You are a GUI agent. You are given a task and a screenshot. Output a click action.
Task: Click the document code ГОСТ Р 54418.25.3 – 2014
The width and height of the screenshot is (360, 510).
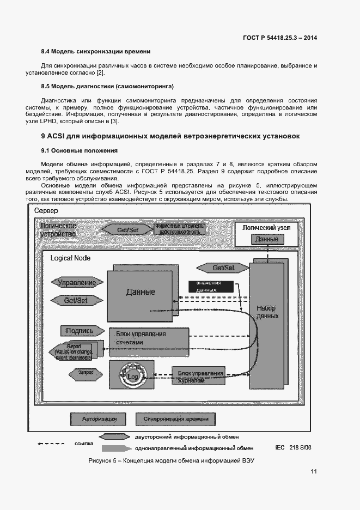279,38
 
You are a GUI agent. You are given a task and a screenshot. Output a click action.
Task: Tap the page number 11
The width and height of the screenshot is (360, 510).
314,472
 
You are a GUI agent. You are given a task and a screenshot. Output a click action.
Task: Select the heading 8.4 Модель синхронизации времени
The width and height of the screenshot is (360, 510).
95,52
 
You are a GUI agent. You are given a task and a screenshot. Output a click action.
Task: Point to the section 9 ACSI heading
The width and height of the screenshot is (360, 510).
170,136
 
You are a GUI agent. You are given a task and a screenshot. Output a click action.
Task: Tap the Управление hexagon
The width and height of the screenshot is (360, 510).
77,282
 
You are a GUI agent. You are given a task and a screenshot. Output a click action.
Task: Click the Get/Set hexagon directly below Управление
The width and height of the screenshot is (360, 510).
76,300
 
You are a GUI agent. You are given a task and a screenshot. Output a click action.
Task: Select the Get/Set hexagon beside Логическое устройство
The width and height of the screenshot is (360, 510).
127,229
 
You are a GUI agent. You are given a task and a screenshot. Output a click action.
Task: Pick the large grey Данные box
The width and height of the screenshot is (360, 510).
141,292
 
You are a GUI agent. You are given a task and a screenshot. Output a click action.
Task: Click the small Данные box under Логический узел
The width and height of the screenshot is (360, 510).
267,239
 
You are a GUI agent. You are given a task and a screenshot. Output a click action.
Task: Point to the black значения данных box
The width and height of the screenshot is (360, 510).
210,287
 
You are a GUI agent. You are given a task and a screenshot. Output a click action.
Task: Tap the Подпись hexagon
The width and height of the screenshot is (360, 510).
80,331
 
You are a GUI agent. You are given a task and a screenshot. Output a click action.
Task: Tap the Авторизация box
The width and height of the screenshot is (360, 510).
99,419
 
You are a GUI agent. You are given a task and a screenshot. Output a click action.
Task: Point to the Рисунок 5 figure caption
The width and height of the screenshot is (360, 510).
172,461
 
